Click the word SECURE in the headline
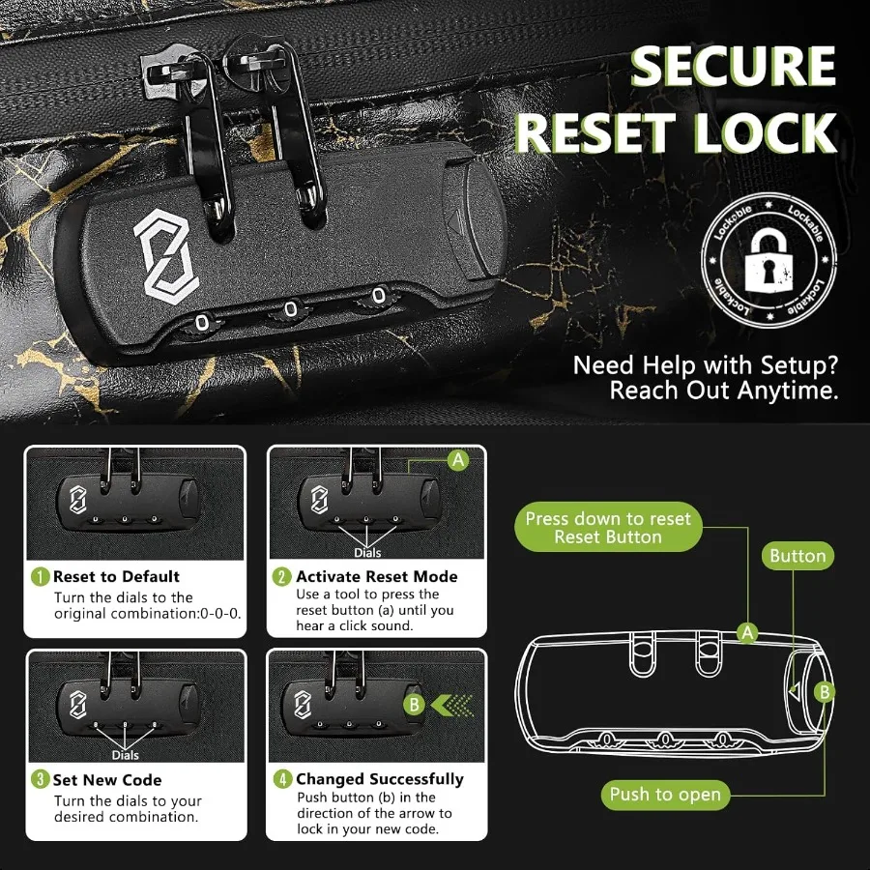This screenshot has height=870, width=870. [x=732, y=67]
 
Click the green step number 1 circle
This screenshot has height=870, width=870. [x=40, y=577]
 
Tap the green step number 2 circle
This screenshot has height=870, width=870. [x=282, y=577]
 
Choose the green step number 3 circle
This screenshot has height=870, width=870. [x=40, y=780]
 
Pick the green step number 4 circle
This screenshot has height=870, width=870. [x=282, y=779]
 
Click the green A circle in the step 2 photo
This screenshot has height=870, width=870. [x=458, y=461]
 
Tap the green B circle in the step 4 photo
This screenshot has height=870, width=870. [x=413, y=705]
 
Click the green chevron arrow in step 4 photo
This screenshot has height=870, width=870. [x=449, y=705]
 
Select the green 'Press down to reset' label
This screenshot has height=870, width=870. [x=608, y=528]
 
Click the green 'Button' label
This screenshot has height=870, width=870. [x=797, y=556]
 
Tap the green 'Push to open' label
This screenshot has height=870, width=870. [x=665, y=795]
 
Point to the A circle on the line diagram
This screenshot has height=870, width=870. [x=746, y=633]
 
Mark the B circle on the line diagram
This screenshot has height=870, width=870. [x=824, y=691]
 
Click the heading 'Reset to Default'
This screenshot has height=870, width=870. [x=116, y=577]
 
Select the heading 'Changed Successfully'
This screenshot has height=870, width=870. [x=380, y=779]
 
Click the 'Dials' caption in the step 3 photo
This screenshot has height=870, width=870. [x=125, y=755]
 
